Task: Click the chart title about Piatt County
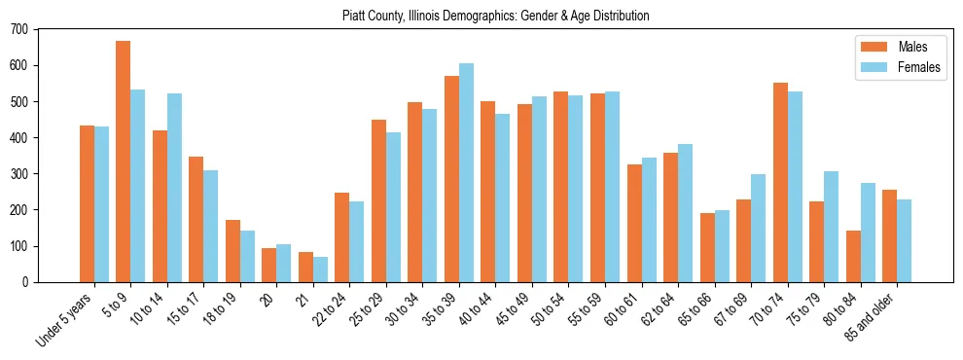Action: point(495,16)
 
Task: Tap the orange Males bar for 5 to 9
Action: point(124,162)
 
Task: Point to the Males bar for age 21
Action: point(306,267)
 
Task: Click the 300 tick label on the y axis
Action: point(20,174)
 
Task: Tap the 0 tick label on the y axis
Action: point(26,282)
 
